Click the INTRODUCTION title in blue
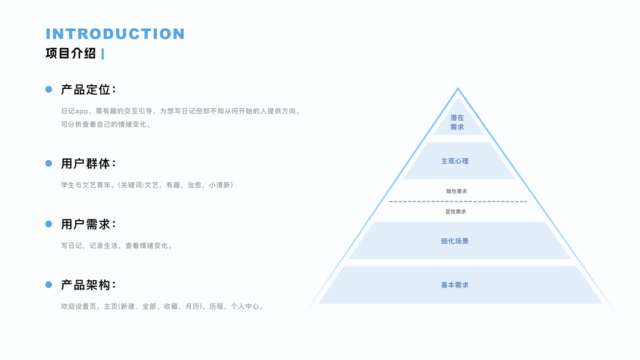115,34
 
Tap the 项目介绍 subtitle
71,53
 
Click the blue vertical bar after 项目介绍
103,54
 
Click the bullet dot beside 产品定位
49,89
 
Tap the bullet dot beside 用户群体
49,163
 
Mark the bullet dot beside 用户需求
49,224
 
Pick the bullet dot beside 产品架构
49,284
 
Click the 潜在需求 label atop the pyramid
457,122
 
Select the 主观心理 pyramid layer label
455,161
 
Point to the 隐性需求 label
456,191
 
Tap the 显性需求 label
456,212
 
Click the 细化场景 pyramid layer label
455,241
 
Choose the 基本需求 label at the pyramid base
455,285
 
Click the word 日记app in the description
75,111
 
